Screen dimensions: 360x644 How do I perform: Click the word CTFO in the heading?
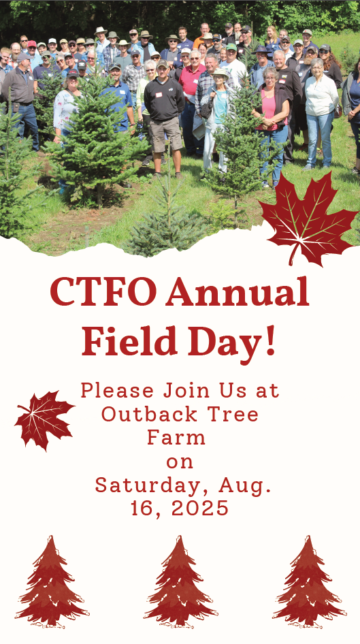(103, 291)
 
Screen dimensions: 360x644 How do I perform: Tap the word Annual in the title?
(238, 291)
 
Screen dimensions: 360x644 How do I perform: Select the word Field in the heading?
(129, 341)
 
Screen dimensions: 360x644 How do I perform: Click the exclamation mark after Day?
(270, 341)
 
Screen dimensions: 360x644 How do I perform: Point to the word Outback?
(148, 414)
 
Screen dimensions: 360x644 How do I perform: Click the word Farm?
(176, 438)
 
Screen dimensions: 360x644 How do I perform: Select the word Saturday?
(153, 486)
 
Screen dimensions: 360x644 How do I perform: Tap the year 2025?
(199, 509)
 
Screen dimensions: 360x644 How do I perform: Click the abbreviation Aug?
(245, 486)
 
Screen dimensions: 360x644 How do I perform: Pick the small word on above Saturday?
(180, 462)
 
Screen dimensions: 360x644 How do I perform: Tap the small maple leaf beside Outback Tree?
(44, 419)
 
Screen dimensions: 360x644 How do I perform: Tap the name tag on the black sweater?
(159, 95)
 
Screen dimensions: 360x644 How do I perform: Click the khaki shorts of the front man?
(166, 133)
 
